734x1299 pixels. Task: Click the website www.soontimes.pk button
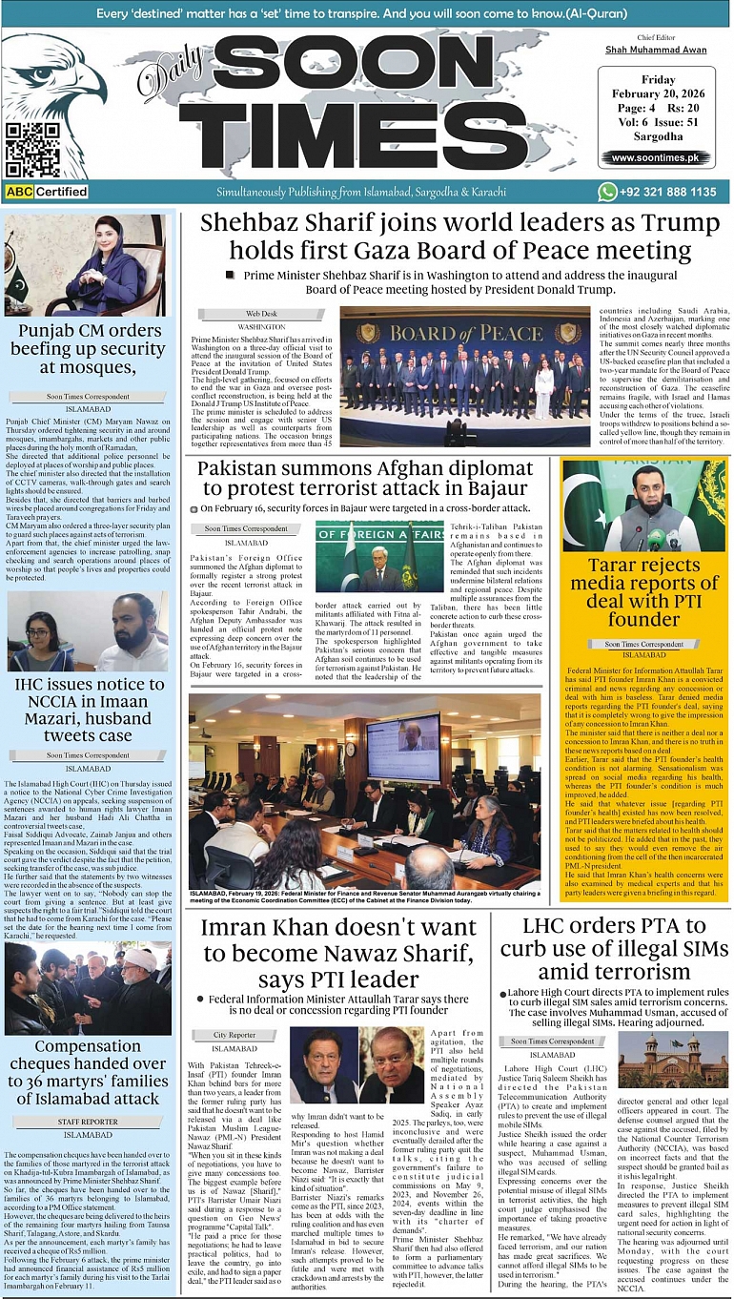click(661, 157)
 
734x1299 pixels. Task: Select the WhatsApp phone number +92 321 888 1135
click(668, 192)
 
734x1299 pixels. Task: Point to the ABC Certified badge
click(47, 192)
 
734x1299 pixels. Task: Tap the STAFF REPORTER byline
click(88, 1123)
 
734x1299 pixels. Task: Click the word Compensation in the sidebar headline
click(88, 1046)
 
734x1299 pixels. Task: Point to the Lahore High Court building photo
click(673, 1060)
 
